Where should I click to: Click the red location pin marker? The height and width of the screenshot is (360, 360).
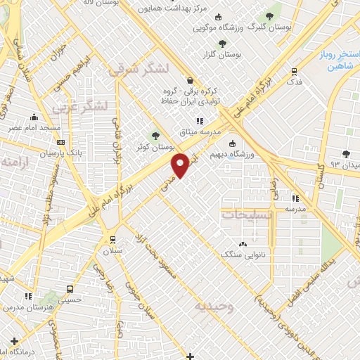pos(181,165)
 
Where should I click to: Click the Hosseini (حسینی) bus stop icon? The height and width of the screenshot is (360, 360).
pos(70,288)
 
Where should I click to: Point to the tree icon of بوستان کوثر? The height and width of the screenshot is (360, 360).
pos(155,136)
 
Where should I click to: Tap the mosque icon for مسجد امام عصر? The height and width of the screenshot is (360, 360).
pos(33,118)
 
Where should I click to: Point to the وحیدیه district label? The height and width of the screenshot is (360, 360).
pos(214,307)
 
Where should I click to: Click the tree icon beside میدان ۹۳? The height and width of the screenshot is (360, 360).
pos(345,154)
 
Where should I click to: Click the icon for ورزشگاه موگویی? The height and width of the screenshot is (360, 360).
pos(218,18)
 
